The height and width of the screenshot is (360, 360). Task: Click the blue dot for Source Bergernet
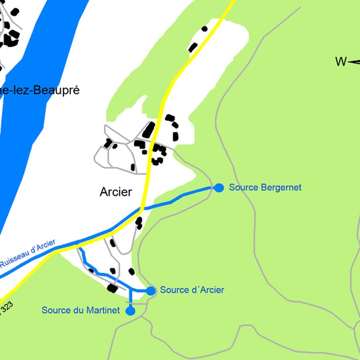click(x=219, y=188)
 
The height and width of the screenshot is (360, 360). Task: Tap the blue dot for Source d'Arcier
click(x=151, y=291)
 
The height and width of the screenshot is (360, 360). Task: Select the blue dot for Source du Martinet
click(x=130, y=311)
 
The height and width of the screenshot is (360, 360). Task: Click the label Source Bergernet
click(x=265, y=188)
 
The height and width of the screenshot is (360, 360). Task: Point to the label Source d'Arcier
click(x=192, y=290)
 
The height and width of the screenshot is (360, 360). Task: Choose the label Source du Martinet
click(x=80, y=311)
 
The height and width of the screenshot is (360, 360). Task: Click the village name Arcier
click(x=116, y=192)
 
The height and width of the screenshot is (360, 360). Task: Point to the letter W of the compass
click(x=340, y=62)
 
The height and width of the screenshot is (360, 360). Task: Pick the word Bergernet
click(x=281, y=188)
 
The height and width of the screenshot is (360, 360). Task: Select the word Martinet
click(x=103, y=311)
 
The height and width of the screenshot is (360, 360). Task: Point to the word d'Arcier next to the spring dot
click(x=208, y=290)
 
